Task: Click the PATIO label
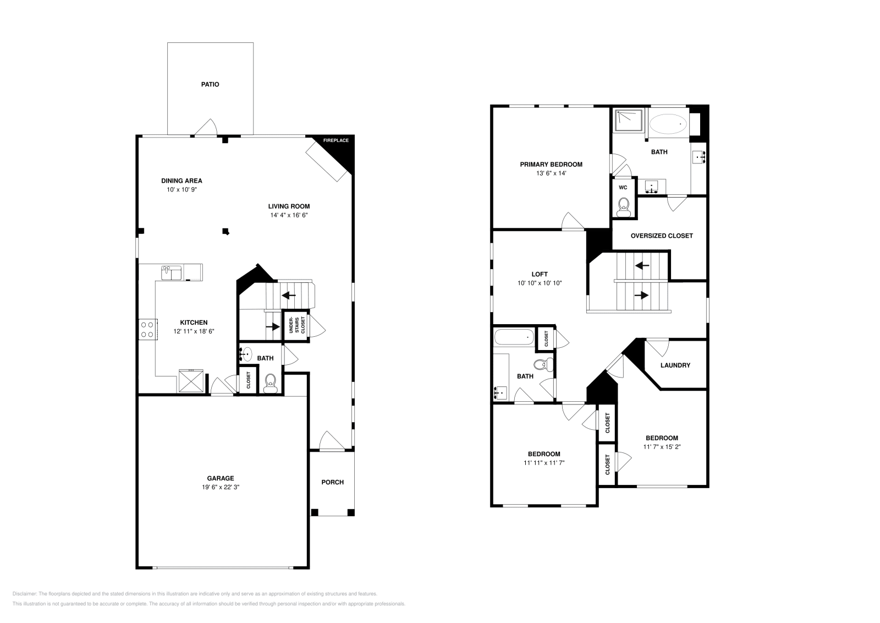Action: tap(210, 85)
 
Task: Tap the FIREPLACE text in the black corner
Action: tap(336, 140)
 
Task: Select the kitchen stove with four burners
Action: tap(148, 329)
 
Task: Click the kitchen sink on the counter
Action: tap(171, 273)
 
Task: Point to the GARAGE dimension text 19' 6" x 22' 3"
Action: tap(221, 487)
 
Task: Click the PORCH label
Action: tap(332, 482)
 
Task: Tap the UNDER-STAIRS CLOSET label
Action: tap(296, 325)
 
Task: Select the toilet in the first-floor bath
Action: tap(270, 384)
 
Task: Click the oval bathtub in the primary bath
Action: tap(668, 124)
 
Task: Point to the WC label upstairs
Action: tap(623, 188)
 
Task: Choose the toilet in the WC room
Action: tap(624, 207)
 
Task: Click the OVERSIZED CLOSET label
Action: tap(662, 236)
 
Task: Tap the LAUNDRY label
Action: tap(675, 365)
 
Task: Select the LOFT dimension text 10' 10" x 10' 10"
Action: tap(540, 283)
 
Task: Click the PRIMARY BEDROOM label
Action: tap(551, 165)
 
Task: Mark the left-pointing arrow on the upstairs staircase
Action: tap(642, 266)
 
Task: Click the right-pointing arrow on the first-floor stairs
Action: tap(273, 326)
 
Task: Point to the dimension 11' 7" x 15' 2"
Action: tap(662, 447)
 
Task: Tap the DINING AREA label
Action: tap(182, 181)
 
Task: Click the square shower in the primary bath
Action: tap(629, 121)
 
